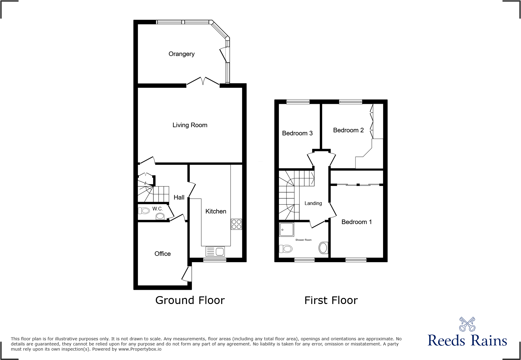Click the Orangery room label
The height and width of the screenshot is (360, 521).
(182, 54)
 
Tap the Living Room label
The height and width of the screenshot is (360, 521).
(190, 125)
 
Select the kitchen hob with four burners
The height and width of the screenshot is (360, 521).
(236, 224)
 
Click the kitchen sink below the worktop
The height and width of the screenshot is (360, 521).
(215, 252)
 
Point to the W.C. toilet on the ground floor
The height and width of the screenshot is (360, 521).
(144, 210)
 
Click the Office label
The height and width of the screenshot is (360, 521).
(162, 254)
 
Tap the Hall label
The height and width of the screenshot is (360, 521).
(179, 197)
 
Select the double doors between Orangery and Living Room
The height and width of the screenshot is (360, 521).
(203, 82)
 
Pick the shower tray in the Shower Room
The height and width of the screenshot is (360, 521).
(286, 230)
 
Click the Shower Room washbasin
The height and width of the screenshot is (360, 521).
(323, 248)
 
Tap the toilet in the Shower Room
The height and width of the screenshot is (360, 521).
(286, 249)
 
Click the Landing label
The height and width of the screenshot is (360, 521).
(313, 203)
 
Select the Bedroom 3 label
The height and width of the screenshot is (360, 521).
(297, 133)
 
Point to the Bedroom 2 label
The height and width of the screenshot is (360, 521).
(348, 130)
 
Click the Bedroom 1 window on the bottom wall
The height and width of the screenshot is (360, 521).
(356, 259)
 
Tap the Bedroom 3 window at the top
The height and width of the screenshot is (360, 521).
(298, 102)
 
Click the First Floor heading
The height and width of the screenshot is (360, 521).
(331, 300)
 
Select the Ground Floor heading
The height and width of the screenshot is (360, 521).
(190, 300)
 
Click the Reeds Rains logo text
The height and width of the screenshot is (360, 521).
(467, 341)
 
